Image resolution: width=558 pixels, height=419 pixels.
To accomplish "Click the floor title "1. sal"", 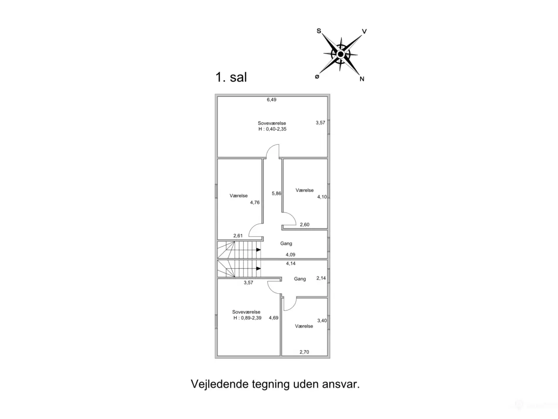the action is tap(231, 77).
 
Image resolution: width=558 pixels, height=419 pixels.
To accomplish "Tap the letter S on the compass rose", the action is tap(319, 31).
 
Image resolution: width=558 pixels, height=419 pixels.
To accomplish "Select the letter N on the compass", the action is tap(362, 79).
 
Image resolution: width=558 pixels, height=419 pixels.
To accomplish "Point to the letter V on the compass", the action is tap(364, 31).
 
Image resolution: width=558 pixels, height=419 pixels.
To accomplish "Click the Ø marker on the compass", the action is tap(317, 76).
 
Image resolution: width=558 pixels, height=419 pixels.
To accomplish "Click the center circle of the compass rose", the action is tap(340, 54).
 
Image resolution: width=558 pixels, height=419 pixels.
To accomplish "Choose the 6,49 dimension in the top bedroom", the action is tap(272, 100).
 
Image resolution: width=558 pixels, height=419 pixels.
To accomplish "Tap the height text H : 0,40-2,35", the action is tap(272, 129).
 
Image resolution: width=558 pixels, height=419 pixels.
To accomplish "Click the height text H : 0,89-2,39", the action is tap(247, 318).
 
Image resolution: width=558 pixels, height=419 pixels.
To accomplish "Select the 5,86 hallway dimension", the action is tap(276, 193).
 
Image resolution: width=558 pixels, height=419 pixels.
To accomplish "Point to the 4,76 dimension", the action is tap(255, 203).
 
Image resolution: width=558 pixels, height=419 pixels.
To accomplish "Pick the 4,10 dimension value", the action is tap(322, 197).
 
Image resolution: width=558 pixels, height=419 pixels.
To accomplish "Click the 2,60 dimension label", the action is tap(305, 225).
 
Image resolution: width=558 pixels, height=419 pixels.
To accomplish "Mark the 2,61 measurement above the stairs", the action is tap(238, 236).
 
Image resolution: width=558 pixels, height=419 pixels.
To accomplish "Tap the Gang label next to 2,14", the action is tap(300, 279).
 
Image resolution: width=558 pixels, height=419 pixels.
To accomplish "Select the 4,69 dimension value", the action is tap(273, 318).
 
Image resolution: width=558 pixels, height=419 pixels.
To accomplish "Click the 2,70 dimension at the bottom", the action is tap(304, 352).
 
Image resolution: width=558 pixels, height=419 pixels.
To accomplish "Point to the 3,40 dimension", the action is tap(322, 320).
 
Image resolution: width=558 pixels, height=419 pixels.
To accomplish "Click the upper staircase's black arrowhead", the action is tap(259, 250).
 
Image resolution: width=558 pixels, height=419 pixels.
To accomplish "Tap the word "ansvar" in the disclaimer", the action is tap(340, 384).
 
